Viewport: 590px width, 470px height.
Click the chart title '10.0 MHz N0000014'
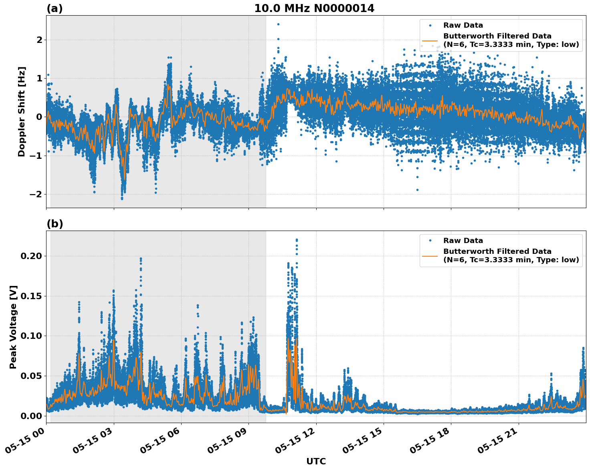pos(314,8)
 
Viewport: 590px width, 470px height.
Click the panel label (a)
pos(55,8)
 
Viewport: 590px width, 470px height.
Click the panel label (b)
pos(55,224)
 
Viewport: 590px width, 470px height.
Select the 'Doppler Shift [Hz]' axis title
pos(22,111)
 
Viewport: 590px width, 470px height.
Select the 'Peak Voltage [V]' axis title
pos(13,327)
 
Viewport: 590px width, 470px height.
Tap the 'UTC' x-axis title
pos(316,461)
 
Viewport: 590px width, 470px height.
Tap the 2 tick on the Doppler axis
pos(39,40)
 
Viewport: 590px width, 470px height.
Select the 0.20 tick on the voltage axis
pos(32,256)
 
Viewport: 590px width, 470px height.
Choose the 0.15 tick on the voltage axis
pos(32,296)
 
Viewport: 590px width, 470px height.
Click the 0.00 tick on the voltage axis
pos(32,416)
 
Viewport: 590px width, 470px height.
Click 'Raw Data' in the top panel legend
pos(463,25)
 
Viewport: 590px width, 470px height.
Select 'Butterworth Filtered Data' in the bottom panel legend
pos(497,251)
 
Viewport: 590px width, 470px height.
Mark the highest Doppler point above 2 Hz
pos(278,24)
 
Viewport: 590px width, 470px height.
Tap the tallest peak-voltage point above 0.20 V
pos(297,240)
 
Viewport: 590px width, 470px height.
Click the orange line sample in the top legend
pos(430,40)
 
